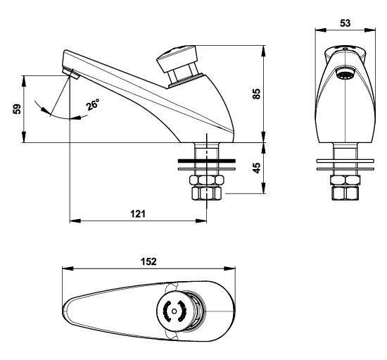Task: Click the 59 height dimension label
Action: [17, 109]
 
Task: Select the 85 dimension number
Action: [257, 94]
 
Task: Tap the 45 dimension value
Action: [257, 168]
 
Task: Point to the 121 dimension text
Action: [138, 213]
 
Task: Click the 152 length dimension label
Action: [148, 261]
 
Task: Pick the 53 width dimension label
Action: [345, 23]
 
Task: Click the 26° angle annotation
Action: [93, 104]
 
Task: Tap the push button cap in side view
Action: [177, 58]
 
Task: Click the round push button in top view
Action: [175, 311]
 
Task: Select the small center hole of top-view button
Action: [175, 311]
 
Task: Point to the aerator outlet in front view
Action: [345, 74]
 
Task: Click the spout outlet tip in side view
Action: [71, 73]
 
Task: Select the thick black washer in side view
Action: [207, 161]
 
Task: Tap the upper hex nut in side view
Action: [207, 180]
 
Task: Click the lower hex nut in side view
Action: [207, 193]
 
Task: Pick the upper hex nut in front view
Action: [345, 180]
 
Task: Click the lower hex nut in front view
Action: [345, 193]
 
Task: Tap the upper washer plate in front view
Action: [345, 161]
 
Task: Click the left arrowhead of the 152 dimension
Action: [68, 268]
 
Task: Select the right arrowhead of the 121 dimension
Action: [201, 221]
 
